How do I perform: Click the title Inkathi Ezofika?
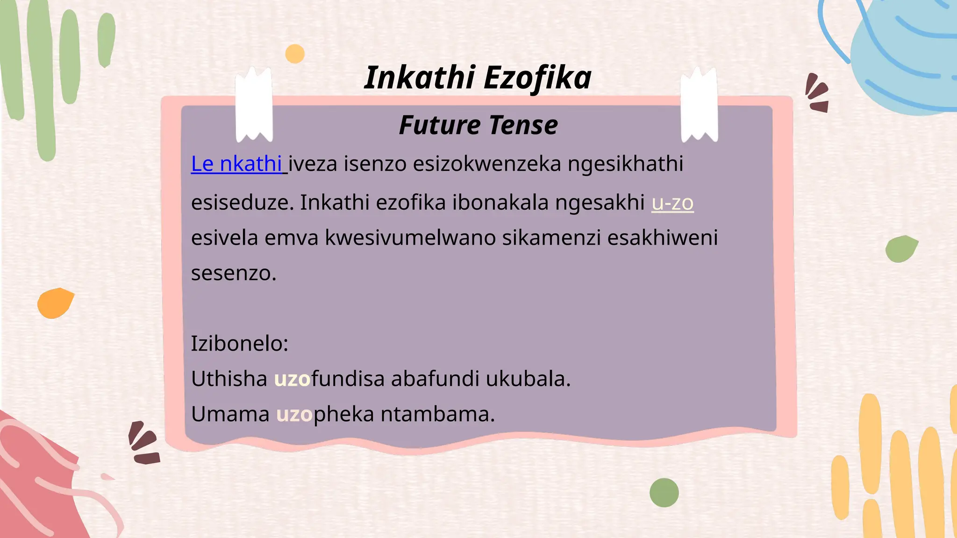pyautogui.click(x=478, y=78)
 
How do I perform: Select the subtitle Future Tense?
pyautogui.click(x=478, y=125)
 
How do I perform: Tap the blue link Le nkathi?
pyautogui.click(x=236, y=164)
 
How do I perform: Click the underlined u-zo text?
pyautogui.click(x=672, y=203)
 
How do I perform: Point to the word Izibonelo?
pyautogui.click(x=239, y=344)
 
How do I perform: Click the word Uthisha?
pyautogui.click(x=229, y=379)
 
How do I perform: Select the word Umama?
pyautogui.click(x=230, y=414)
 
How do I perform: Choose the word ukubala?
pyautogui.click(x=528, y=379)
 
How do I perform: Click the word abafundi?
pyautogui.click(x=435, y=379)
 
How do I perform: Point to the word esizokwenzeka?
pyautogui.click(x=487, y=164)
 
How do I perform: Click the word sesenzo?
pyautogui.click(x=234, y=273)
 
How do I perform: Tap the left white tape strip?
pyautogui.click(x=254, y=105)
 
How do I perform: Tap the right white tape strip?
pyautogui.click(x=699, y=105)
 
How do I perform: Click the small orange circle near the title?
pyautogui.click(x=295, y=54)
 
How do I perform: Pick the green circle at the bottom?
pyautogui.click(x=664, y=493)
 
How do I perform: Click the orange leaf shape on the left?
pyautogui.click(x=55, y=303)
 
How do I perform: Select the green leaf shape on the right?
pyautogui.click(x=901, y=248)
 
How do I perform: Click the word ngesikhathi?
pyautogui.click(x=625, y=164)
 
